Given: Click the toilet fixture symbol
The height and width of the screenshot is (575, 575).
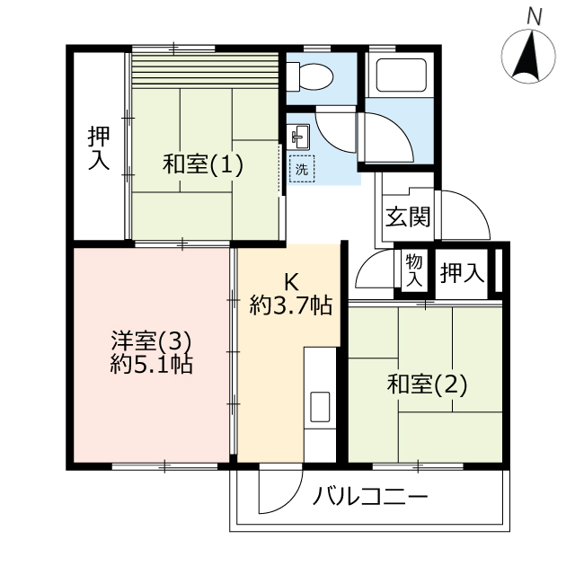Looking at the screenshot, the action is click(310, 76).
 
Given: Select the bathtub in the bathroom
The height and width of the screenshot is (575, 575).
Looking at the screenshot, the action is click(402, 75).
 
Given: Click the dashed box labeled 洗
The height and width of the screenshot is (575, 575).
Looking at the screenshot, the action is click(302, 169).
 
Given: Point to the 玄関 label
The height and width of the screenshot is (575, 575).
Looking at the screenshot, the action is click(408, 217).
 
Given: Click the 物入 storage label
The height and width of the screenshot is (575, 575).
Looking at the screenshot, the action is click(414, 271).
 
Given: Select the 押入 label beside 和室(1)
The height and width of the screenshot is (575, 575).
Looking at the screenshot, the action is click(99, 148).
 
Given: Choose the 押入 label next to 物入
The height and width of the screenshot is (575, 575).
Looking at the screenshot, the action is click(462, 272).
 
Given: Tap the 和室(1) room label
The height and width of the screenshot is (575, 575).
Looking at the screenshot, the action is click(203, 164).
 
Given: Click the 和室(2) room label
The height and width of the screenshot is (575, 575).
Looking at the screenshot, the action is click(428, 385).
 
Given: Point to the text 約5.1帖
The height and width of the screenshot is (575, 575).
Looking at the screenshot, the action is click(152, 364).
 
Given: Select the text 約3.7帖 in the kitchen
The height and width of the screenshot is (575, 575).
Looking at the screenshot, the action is click(291, 305).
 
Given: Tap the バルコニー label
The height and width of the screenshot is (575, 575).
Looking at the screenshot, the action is click(370, 497).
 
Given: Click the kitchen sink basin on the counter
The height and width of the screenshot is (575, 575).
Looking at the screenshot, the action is click(320, 406).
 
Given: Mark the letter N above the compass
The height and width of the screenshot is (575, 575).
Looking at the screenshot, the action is click(535, 17).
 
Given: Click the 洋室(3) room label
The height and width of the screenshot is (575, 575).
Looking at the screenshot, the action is click(152, 341).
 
